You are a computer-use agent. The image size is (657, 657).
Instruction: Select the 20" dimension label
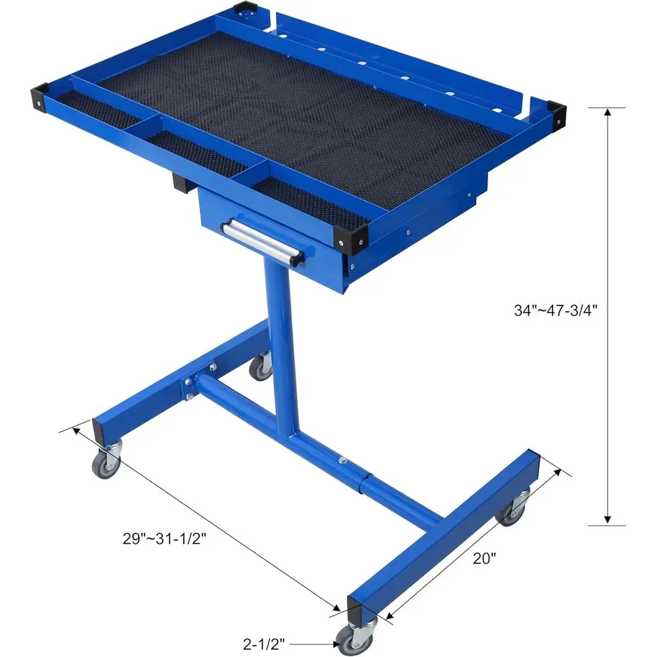pos(484,558)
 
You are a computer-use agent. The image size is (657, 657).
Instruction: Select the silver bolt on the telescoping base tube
pos(342,461)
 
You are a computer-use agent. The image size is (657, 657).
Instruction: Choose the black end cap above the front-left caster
pos(104,430)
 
